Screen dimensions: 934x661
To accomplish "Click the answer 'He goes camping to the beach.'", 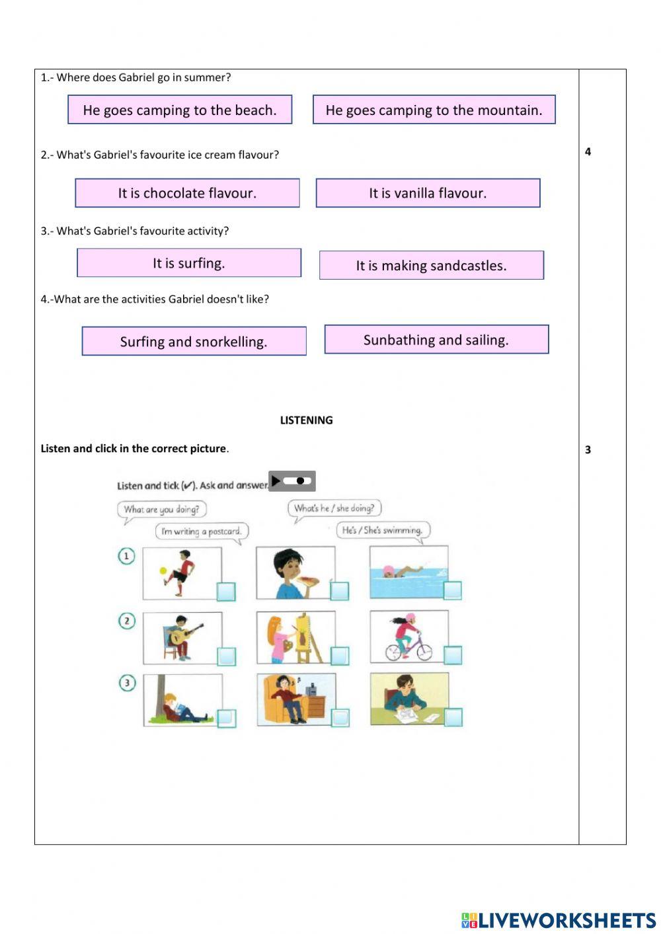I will click(x=180, y=110).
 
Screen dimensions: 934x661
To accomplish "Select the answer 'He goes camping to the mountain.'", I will click(x=434, y=110).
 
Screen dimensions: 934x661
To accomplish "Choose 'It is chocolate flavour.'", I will click(x=187, y=193).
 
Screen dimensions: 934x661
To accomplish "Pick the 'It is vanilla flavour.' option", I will click(x=428, y=193).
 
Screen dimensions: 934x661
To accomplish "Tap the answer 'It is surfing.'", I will click(x=189, y=263).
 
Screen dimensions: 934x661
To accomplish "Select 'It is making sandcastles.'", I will click(x=431, y=265).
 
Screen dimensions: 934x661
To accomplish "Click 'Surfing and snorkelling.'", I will click(x=194, y=341).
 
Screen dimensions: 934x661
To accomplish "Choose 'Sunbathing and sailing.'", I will click(x=436, y=340).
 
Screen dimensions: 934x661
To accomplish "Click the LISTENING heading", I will click(x=306, y=420).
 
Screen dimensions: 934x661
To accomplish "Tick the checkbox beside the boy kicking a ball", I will click(x=226, y=591).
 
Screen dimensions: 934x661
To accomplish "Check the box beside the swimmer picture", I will click(x=453, y=590).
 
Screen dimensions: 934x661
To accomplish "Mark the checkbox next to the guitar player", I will click(x=226, y=656).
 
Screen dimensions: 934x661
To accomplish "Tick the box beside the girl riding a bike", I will click(x=453, y=655).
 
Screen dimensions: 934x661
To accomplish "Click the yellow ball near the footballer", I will click(x=163, y=571).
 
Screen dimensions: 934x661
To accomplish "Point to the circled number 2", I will click(x=126, y=621).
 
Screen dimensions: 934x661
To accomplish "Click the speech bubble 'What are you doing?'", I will click(x=162, y=510).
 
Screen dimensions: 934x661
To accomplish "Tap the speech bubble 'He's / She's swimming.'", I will click(x=383, y=530).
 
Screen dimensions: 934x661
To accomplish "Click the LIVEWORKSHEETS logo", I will click(x=559, y=920).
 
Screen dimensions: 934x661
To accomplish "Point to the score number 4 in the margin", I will click(x=588, y=152).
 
